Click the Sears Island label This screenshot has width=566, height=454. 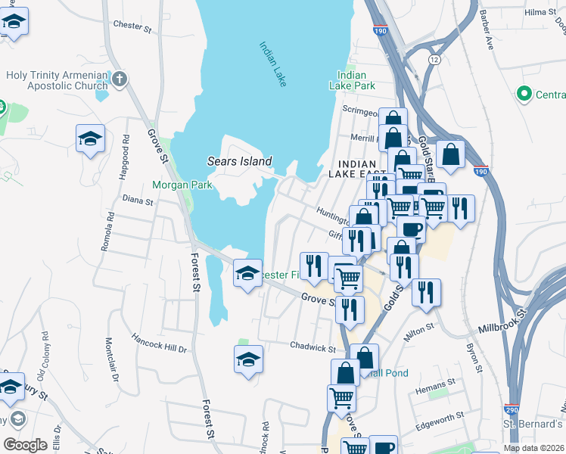pos(239,161)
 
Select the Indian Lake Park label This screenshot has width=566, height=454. pos(353,80)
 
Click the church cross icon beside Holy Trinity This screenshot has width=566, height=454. pos(120,79)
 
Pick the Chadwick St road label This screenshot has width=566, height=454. pos(313,347)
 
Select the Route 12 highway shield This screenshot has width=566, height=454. pos(434,58)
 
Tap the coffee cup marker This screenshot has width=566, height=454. pos(412,228)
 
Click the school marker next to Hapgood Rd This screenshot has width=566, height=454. pos(90,139)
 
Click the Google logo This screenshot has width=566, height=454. pos(25,444)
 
